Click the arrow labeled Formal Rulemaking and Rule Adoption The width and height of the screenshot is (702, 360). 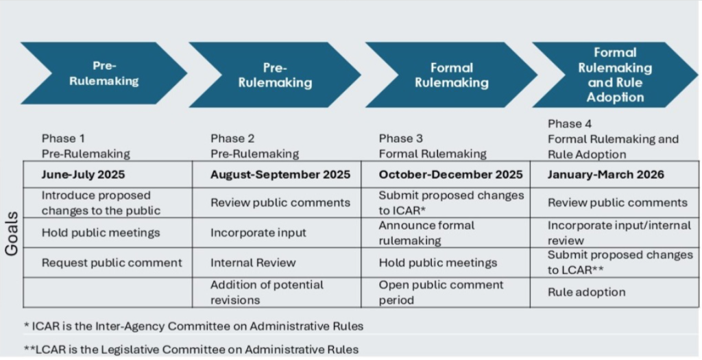(x=615, y=75)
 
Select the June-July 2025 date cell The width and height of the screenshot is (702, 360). (x=108, y=175)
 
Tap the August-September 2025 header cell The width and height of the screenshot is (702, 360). (x=277, y=175)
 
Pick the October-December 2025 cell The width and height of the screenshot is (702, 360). (x=446, y=175)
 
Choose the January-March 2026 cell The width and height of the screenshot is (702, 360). (x=614, y=175)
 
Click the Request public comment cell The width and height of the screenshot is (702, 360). (x=108, y=263)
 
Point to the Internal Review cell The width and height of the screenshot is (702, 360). (x=277, y=263)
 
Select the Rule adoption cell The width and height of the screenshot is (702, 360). (x=614, y=292)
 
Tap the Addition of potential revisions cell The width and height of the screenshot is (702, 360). (x=277, y=292)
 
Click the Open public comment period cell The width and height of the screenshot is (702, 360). (x=446, y=292)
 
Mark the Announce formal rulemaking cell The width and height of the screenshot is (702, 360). (x=446, y=233)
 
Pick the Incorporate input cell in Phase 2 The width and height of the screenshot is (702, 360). (x=277, y=233)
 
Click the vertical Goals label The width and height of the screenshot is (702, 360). (x=12, y=234)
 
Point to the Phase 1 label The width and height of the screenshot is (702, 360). (x=63, y=139)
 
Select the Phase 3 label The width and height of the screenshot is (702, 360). (x=400, y=139)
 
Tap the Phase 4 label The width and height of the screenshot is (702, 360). (x=570, y=123)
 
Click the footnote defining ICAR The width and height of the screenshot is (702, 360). (x=193, y=326)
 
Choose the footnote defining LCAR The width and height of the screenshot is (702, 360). (x=191, y=349)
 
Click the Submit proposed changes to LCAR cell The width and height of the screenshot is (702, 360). (x=614, y=263)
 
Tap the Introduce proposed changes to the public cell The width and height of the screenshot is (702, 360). (x=108, y=203)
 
